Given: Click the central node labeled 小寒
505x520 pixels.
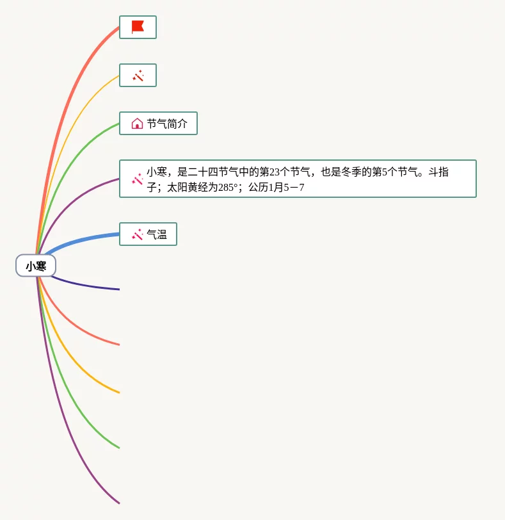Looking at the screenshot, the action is pyautogui.click(x=36, y=266).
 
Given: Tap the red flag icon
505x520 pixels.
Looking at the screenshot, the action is pyautogui.click(x=138, y=27).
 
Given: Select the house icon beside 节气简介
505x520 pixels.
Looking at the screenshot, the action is pyautogui.click(x=137, y=124).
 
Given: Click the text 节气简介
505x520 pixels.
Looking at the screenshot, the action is pyautogui.click(x=167, y=124).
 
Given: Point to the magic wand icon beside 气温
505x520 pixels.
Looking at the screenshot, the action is pyautogui.click(x=137, y=234).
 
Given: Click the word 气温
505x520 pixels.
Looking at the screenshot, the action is pyautogui.click(x=157, y=234).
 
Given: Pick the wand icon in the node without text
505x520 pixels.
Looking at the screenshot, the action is pyautogui.click(x=138, y=76).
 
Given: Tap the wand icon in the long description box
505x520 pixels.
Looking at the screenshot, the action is pyautogui.click(x=137, y=179).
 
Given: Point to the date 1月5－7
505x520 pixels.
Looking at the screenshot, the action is pyautogui.click(x=286, y=188).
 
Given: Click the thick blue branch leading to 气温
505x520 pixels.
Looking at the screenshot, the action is pyautogui.click(x=83, y=239).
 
